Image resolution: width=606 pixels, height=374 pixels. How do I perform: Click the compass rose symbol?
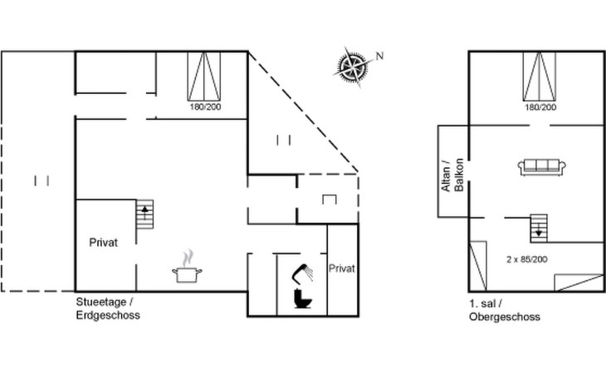coord(353,65)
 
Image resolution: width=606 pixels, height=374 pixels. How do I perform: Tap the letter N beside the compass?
coord(380,56)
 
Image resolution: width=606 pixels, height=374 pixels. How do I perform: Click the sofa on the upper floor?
coord(542,167)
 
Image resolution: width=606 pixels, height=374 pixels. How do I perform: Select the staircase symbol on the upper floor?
coord(540,225)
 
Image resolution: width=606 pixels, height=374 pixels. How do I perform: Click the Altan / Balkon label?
coord(451,175)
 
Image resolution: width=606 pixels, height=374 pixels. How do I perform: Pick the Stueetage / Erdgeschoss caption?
coord(107,309)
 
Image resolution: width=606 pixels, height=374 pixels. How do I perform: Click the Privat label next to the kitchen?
coord(104,243)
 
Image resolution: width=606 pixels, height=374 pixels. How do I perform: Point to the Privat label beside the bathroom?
coord(342,268)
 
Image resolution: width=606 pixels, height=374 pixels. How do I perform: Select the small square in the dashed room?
coord(329,199)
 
